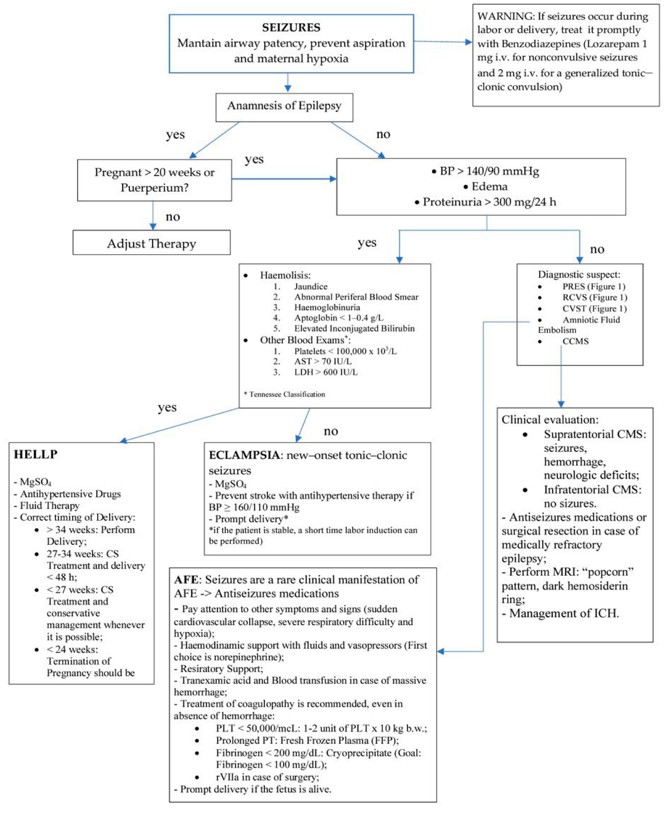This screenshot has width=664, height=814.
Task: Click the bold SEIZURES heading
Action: (291, 28)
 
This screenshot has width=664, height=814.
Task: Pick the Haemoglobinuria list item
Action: (327, 307)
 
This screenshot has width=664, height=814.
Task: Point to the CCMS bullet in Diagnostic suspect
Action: (575, 341)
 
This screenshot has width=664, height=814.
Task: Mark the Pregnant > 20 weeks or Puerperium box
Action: (154, 180)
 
